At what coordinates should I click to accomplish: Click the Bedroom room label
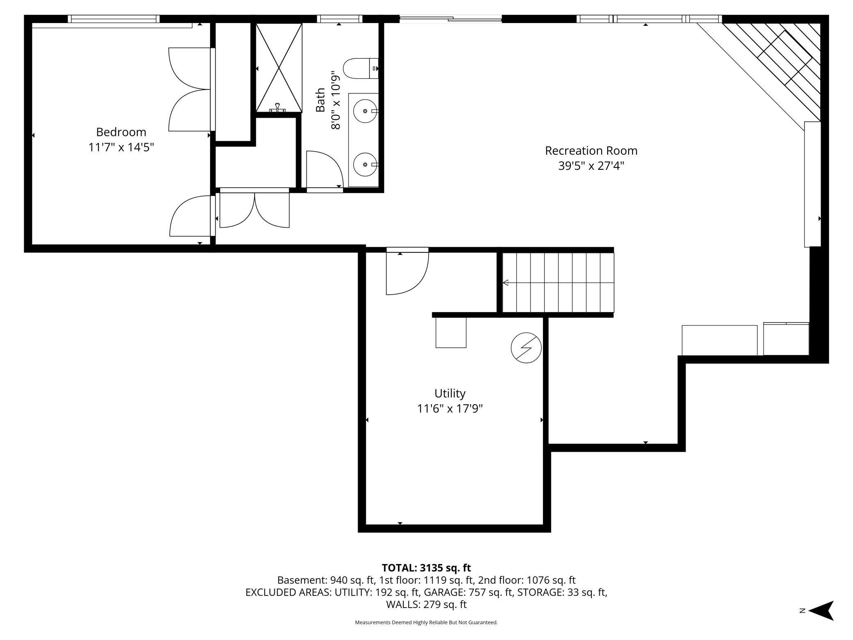pyautogui.click(x=121, y=132)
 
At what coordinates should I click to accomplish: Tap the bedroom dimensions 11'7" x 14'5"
pyautogui.click(x=121, y=147)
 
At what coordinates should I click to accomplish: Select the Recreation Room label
pyautogui.click(x=591, y=151)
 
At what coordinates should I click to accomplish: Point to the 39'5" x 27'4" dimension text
pyautogui.click(x=591, y=166)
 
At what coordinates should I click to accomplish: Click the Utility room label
pyautogui.click(x=450, y=393)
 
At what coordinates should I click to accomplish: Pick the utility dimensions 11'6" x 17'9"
pyautogui.click(x=450, y=409)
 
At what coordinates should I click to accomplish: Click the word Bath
pyautogui.click(x=320, y=100)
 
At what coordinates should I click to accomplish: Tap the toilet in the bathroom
pyautogui.click(x=360, y=69)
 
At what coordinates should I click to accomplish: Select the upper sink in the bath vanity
pyautogui.click(x=365, y=111)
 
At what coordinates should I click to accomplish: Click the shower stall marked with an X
pyautogui.click(x=279, y=68)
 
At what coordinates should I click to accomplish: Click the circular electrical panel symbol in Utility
pyautogui.click(x=526, y=347)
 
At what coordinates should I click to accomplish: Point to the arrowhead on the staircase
pyautogui.click(x=506, y=283)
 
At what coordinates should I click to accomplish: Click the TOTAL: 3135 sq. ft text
pyautogui.click(x=426, y=568)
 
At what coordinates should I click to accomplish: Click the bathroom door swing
pyautogui.click(x=324, y=169)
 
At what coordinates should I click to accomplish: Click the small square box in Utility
pyautogui.click(x=451, y=332)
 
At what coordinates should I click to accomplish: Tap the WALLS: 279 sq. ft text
pyautogui.click(x=426, y=604)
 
